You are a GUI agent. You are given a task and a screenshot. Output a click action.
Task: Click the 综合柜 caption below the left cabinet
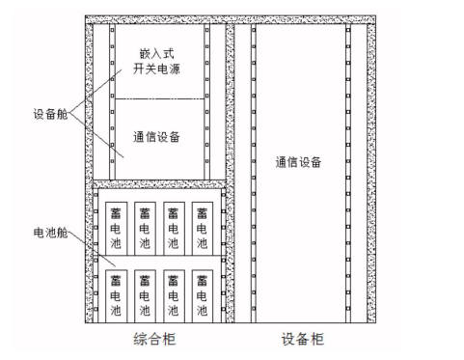pyautogui.click(x=154, y=339)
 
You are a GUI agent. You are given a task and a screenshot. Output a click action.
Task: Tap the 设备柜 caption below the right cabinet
pyautogui.click(x=303, y=339)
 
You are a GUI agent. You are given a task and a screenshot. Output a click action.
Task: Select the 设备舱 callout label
pyautogui.click(x=50, y=114)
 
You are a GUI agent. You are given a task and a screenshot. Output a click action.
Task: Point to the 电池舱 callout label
pyautogui.click(x=50, y=233)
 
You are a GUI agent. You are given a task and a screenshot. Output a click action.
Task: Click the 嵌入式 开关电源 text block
pyautogui.click(x=156, y=62)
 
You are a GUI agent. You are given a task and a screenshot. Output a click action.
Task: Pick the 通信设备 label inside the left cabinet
pyautogui.click(x=156, y=137)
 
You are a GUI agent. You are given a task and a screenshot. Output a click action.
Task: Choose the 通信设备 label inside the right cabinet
pyautogui.click(x=298, y=162)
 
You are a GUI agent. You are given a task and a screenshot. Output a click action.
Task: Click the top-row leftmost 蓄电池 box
pyautogui.click(x=117, y=229)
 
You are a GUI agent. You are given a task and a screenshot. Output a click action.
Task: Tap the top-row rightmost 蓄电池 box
pyautogui.click(x=203, y=229)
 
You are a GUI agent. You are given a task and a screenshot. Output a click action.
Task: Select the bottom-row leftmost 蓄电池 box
pyautogui.click(x=117, y=296)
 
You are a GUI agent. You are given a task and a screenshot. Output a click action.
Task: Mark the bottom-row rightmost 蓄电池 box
pyautogui.click(x=203, y=296)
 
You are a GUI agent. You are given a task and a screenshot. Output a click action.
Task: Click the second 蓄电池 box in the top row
pyautogui.click(x=145, y=229)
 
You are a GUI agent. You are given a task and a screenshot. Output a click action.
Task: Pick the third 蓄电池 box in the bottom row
pyautogui.click(x=174, y=296)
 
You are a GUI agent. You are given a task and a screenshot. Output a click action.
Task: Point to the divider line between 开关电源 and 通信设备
pyautogui.click(x=160, y=98)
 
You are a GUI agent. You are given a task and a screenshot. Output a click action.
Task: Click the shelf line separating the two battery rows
pyautogui.click(x=160, y=256)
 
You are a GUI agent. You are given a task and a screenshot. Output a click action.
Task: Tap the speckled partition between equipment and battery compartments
pyautogui.click(x=159, y=184)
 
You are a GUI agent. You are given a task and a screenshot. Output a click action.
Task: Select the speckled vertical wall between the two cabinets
pyautogui.click(x=230, y=173)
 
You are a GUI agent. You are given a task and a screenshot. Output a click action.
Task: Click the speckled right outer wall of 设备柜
pyautogui.click(x=371, y=173)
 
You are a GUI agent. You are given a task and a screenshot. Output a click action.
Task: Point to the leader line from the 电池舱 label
pyautogui.click(x=92, y=249)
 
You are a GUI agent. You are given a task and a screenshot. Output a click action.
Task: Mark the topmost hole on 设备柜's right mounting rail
pyautogui.click(x=348, y=30)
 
